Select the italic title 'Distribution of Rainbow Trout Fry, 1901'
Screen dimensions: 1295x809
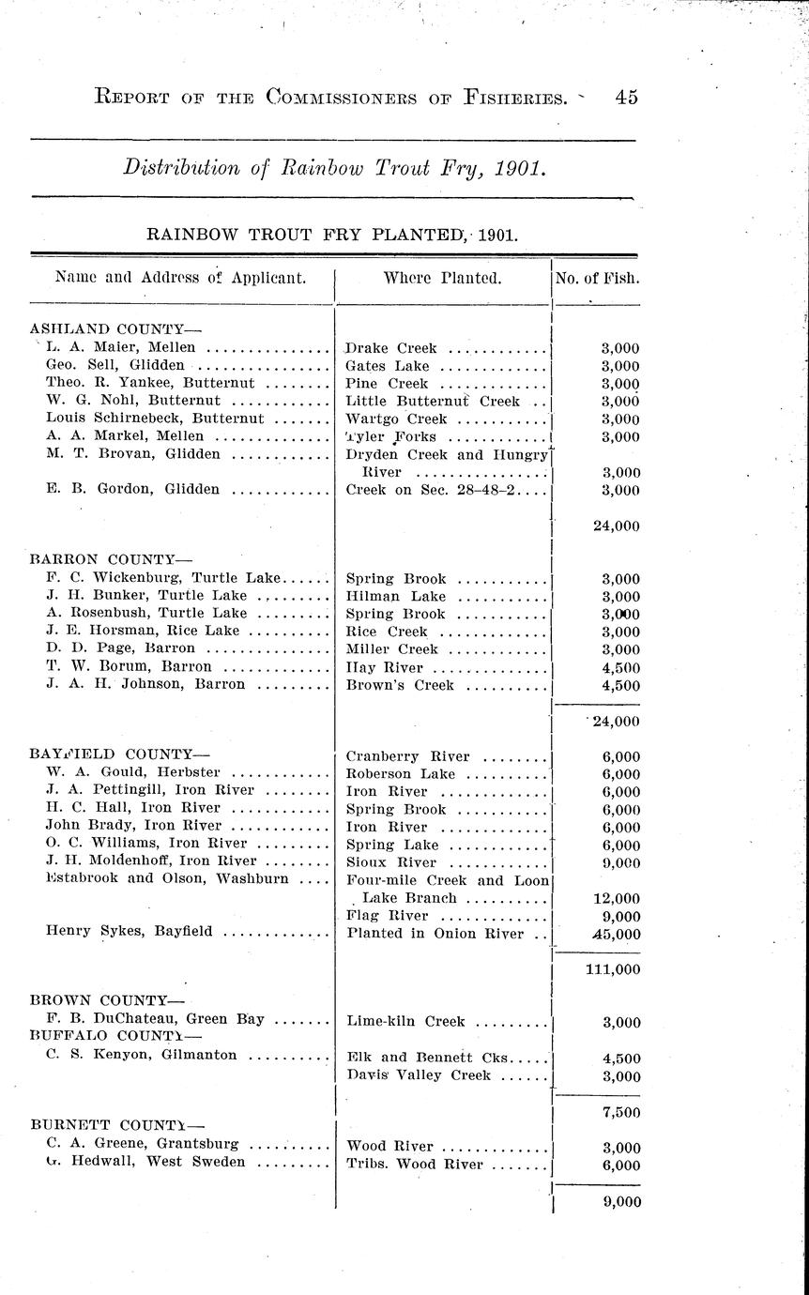point(333,169)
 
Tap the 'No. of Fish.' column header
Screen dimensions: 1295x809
point(598,278)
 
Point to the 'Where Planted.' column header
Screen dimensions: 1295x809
point(442,278)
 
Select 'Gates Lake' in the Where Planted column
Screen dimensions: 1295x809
point(387,366)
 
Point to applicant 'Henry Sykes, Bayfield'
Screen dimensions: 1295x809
point(129,932)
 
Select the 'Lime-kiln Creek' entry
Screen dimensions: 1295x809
point(404,1022)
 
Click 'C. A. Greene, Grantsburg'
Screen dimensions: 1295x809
point(142,1145)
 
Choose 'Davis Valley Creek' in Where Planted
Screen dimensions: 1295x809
point(419,1075)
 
